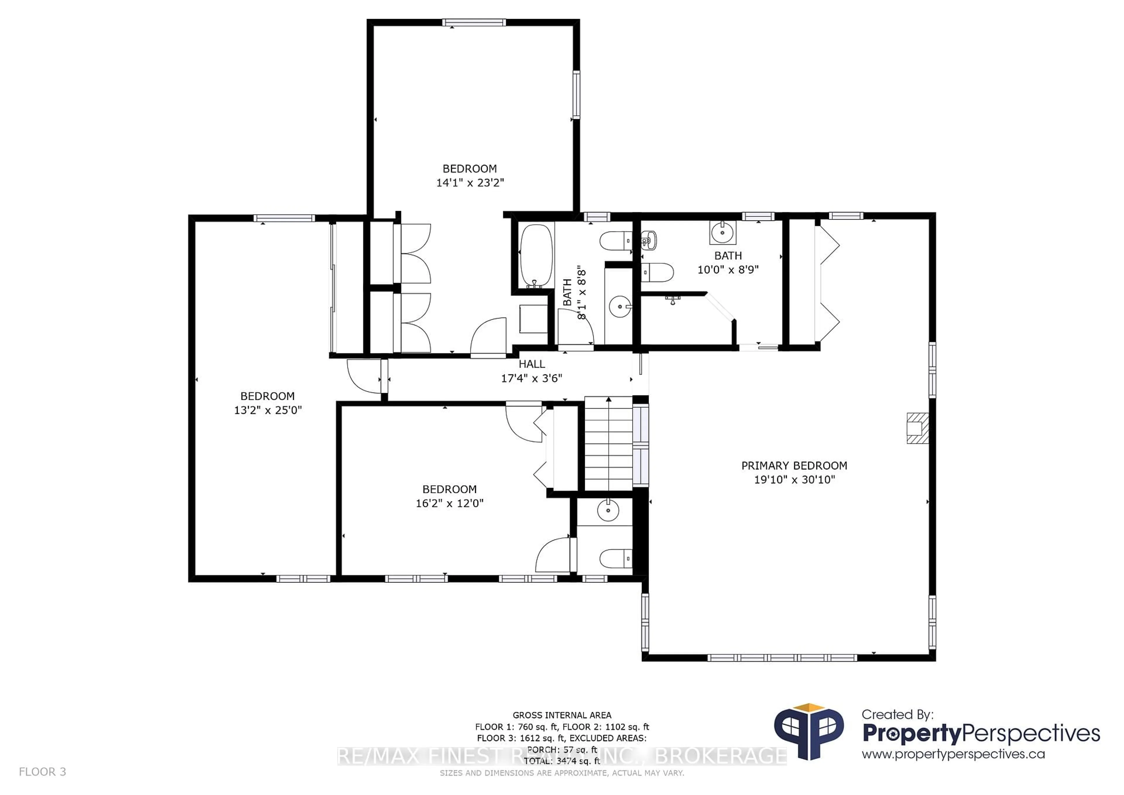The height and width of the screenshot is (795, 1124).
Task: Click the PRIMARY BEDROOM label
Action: tap(794, 465)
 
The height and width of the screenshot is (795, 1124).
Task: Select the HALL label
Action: tap(532, 364)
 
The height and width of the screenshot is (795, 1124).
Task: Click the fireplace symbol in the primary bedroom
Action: tap(917, 428)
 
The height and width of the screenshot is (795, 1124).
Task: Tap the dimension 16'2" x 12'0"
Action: tap(449, 503)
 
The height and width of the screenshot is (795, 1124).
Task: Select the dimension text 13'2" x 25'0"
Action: tap(268, 410)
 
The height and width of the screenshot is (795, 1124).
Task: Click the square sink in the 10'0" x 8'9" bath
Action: tap(723, 232)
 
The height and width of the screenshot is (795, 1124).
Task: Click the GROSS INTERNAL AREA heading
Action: tap(562, 715)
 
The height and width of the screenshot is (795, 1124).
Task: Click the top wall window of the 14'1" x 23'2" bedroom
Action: tap(473, 23)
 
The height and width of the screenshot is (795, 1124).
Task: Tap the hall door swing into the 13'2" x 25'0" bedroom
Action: tap(365, 376)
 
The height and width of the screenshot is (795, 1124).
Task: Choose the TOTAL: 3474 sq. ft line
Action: tap(562, 761)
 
